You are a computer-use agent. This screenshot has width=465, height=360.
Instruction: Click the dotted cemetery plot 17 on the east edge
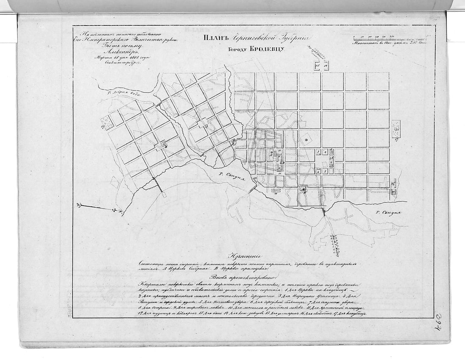click(x=396, y=129)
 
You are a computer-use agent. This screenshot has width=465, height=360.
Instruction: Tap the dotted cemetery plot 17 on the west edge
click(x=108, y=123)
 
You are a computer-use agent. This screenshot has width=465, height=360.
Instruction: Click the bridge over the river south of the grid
click(x=324, y=211)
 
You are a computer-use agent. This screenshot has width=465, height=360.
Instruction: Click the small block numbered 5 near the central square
click(x=324, y=171)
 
